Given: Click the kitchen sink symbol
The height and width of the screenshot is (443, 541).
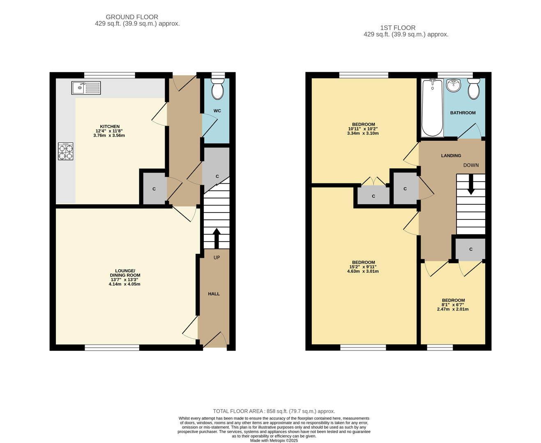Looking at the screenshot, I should point(86,88).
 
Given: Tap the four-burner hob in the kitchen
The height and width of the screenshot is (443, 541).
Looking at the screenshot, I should point(65,151).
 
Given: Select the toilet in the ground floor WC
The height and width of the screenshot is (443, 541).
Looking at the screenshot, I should point(217,88).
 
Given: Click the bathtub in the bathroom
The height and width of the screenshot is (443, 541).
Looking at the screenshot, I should point(432,108).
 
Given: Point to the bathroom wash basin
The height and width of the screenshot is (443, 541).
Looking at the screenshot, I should point(454,85).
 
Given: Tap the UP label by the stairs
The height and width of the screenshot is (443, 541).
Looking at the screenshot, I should point(216,258).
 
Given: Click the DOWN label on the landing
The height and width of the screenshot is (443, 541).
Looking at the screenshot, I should point(471,165).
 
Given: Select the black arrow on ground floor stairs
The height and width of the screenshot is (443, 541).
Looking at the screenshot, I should point(216,237).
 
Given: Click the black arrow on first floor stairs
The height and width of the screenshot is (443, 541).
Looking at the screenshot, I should point(471,184).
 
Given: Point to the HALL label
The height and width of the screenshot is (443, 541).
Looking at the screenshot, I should point(214,294).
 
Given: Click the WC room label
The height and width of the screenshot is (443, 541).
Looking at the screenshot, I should point(217,111).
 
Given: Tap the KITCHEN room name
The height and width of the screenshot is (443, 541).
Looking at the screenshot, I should point(110,126).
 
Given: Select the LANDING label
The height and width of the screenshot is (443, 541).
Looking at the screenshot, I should point(451,155).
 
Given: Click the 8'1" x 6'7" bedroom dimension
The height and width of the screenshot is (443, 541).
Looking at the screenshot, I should point(453,305).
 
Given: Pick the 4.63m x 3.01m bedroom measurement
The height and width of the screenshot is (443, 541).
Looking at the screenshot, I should point(363,271).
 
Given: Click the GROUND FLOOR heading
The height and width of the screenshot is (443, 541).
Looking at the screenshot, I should point(132,17).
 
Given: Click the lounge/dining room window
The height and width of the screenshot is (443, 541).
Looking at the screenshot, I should point(112,347).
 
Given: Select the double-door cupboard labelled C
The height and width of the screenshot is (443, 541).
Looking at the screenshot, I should point(373,196).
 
